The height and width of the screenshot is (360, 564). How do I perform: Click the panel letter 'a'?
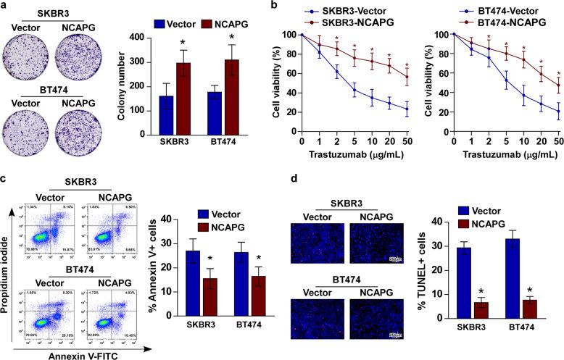click(5, 7)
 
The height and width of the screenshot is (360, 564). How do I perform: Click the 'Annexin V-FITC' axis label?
click(75, 354)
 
